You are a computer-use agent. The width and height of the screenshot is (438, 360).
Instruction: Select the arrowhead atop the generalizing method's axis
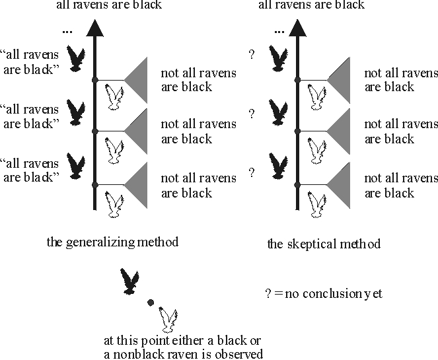click(95, 28)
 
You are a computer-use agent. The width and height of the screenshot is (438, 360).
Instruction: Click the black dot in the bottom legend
click(151, 303)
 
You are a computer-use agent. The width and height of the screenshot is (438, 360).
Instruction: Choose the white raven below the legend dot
click(170, 320)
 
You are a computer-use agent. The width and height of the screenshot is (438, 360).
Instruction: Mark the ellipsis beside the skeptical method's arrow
click(279, 30)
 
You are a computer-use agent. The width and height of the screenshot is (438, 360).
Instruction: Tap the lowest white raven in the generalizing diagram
click(118, 203)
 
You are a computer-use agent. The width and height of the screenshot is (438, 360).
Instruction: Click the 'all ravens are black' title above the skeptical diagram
click(311, 6)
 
